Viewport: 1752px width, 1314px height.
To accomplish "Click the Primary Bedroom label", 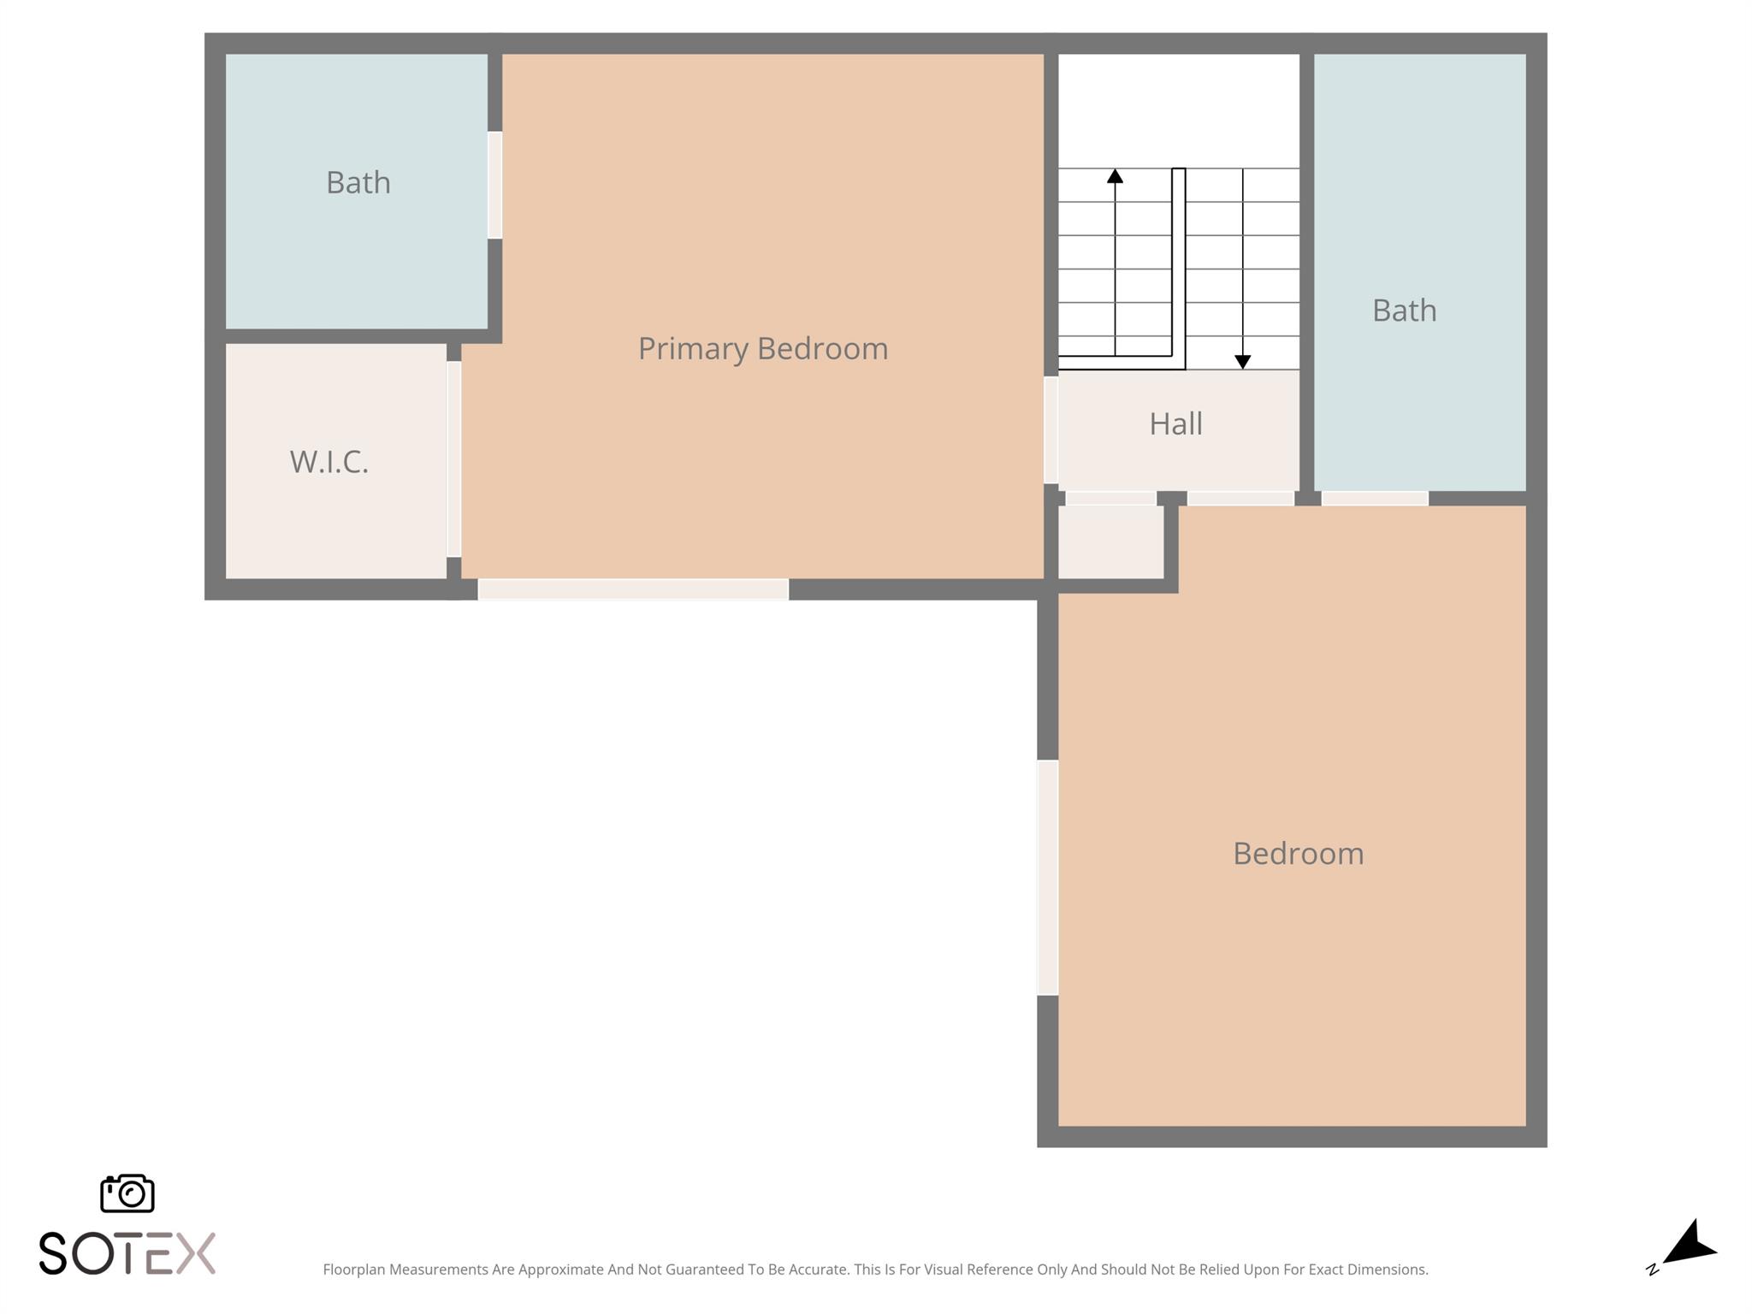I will coord(763,349).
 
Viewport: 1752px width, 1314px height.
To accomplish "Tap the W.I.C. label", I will coord(329,462).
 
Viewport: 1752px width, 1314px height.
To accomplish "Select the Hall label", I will coord(1175,423).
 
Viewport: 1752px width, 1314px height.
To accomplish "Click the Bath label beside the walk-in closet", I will coord(358,182).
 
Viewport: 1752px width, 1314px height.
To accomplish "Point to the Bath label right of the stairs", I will coord(1404,311).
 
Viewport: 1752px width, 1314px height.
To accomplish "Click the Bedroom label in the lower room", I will coord(1298,854).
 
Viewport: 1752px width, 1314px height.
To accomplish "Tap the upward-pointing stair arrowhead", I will coord(1115,176).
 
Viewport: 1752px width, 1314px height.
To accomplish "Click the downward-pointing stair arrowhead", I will coord(1242,362).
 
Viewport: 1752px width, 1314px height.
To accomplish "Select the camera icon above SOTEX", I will coord(127,1193).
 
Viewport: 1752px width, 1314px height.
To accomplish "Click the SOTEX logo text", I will coord(127,1254).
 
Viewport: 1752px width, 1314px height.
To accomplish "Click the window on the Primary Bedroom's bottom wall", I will coord(633,589).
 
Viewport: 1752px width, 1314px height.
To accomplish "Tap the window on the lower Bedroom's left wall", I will coord(1047,878).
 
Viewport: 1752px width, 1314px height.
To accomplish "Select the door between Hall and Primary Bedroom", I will coord(1051,430).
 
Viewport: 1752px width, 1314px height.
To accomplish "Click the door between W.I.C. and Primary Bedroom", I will coord(453,459).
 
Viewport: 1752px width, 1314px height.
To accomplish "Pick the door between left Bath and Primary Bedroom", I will coord(494,185).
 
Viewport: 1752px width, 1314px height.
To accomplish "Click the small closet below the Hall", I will coord(1110,542).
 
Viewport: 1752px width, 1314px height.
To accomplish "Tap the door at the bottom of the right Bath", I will coord(1374,498).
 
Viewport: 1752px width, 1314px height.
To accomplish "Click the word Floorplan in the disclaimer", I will coord(353,1270).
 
